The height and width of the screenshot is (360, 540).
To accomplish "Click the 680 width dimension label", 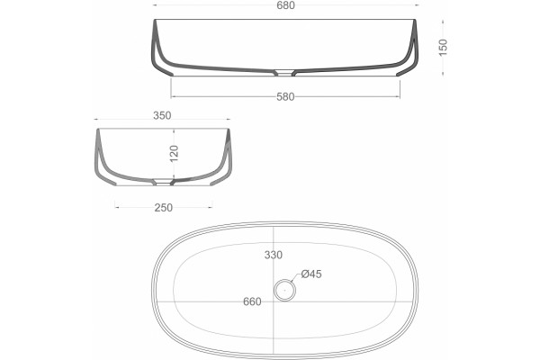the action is tap(286, 5).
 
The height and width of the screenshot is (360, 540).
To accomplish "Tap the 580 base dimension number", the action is tap(285, 97).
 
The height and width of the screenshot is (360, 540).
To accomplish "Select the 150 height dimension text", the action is tap(443, 47).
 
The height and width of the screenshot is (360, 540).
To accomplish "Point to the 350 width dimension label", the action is tap(162, 115).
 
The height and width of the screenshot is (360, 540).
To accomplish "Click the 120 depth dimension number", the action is tap(175, 153).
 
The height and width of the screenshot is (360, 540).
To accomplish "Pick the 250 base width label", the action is tap(163, 208).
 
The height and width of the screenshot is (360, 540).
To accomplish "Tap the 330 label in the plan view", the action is tap(274, 255).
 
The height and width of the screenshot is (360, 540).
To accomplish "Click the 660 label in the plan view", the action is tap(252, 301).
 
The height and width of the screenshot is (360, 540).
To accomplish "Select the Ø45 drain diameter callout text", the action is tap(311, 274).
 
